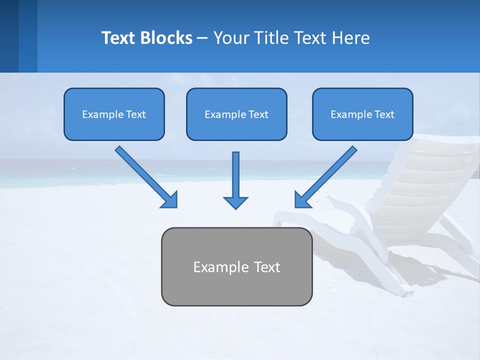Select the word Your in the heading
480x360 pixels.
tap(230, 38)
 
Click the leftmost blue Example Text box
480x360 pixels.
tap(114, 114)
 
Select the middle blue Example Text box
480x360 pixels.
tap(236, 114)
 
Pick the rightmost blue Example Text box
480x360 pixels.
tap(362, 114)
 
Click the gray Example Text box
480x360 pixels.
tap(236, 266)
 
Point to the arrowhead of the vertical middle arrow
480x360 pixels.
tap(235, 202)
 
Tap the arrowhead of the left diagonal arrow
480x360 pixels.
tap(169, 200)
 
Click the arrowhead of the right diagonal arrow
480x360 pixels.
tap(302, 200)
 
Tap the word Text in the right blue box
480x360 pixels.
tap(384, 114)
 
